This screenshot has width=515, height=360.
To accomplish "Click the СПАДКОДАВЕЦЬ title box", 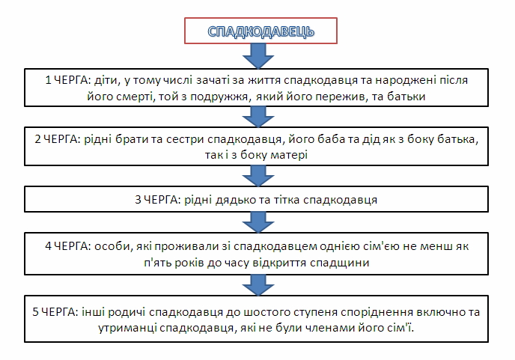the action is point(260,31).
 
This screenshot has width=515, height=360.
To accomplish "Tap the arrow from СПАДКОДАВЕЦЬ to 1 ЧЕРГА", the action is point(258,56).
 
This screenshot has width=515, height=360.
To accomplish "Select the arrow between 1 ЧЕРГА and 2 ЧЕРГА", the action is point(258,117).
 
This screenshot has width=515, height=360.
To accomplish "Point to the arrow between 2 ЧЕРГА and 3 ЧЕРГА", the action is point(258,176).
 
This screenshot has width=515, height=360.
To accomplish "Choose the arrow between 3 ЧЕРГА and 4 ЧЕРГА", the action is point(258,222).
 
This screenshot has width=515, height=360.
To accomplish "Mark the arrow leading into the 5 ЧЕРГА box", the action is point(258,285).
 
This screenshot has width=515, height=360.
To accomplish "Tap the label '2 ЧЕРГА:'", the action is point(58,139).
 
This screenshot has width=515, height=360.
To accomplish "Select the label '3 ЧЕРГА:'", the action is point(158,200).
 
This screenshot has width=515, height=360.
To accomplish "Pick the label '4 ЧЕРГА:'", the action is point(68,246).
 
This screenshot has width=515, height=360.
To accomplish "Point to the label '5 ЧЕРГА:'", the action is point(55,311).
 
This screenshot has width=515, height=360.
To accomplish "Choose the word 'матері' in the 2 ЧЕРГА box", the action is point(289,155).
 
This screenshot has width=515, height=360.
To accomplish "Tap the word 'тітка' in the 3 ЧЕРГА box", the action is point(286,200).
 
